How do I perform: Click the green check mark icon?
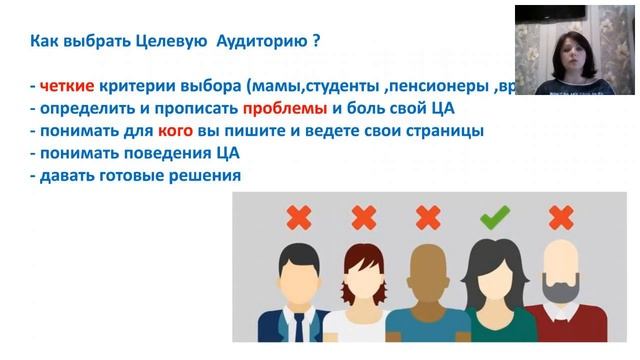(x=495, y=216)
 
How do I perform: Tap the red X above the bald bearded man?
(x=561, y=217)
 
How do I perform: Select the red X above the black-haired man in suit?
(x=297, y=216)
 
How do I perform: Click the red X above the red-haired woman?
(x=362, y=216)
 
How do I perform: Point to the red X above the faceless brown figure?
(x=428, y=216)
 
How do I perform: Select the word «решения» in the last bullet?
(x=205, y=175)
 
